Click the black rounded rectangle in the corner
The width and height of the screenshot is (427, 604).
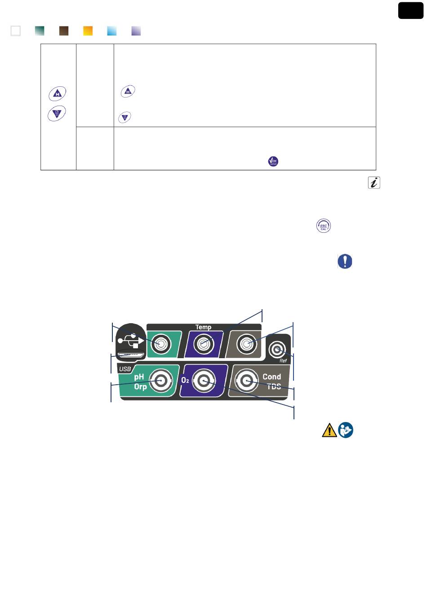(410, 10)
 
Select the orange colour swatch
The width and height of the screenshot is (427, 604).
(88, 31)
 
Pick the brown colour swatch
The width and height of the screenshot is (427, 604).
(64, 31)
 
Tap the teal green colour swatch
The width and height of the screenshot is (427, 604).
(40, 31)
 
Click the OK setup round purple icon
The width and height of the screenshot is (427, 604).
(273, 161)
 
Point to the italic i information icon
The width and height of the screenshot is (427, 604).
(374, 182)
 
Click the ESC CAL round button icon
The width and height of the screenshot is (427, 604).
(324, 226)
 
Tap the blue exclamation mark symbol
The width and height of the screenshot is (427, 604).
(345, 261)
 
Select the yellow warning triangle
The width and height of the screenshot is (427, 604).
(329, 430)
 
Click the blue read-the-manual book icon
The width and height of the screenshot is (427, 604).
(346, 430)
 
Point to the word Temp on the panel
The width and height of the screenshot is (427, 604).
(203, 327)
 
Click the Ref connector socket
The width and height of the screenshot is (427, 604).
(277, 350)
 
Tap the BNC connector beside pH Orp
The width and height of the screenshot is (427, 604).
(161, 381)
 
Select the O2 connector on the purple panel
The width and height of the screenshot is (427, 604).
(204, 381)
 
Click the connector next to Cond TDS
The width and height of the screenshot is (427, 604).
(246, 381)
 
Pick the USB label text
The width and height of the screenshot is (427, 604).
(125, 369)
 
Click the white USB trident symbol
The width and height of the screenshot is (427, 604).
(131, 341)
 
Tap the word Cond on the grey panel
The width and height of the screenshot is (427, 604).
(271, 377)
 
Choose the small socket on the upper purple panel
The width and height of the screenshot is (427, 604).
(204, 344)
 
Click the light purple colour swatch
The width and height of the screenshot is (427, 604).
(136, 31)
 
